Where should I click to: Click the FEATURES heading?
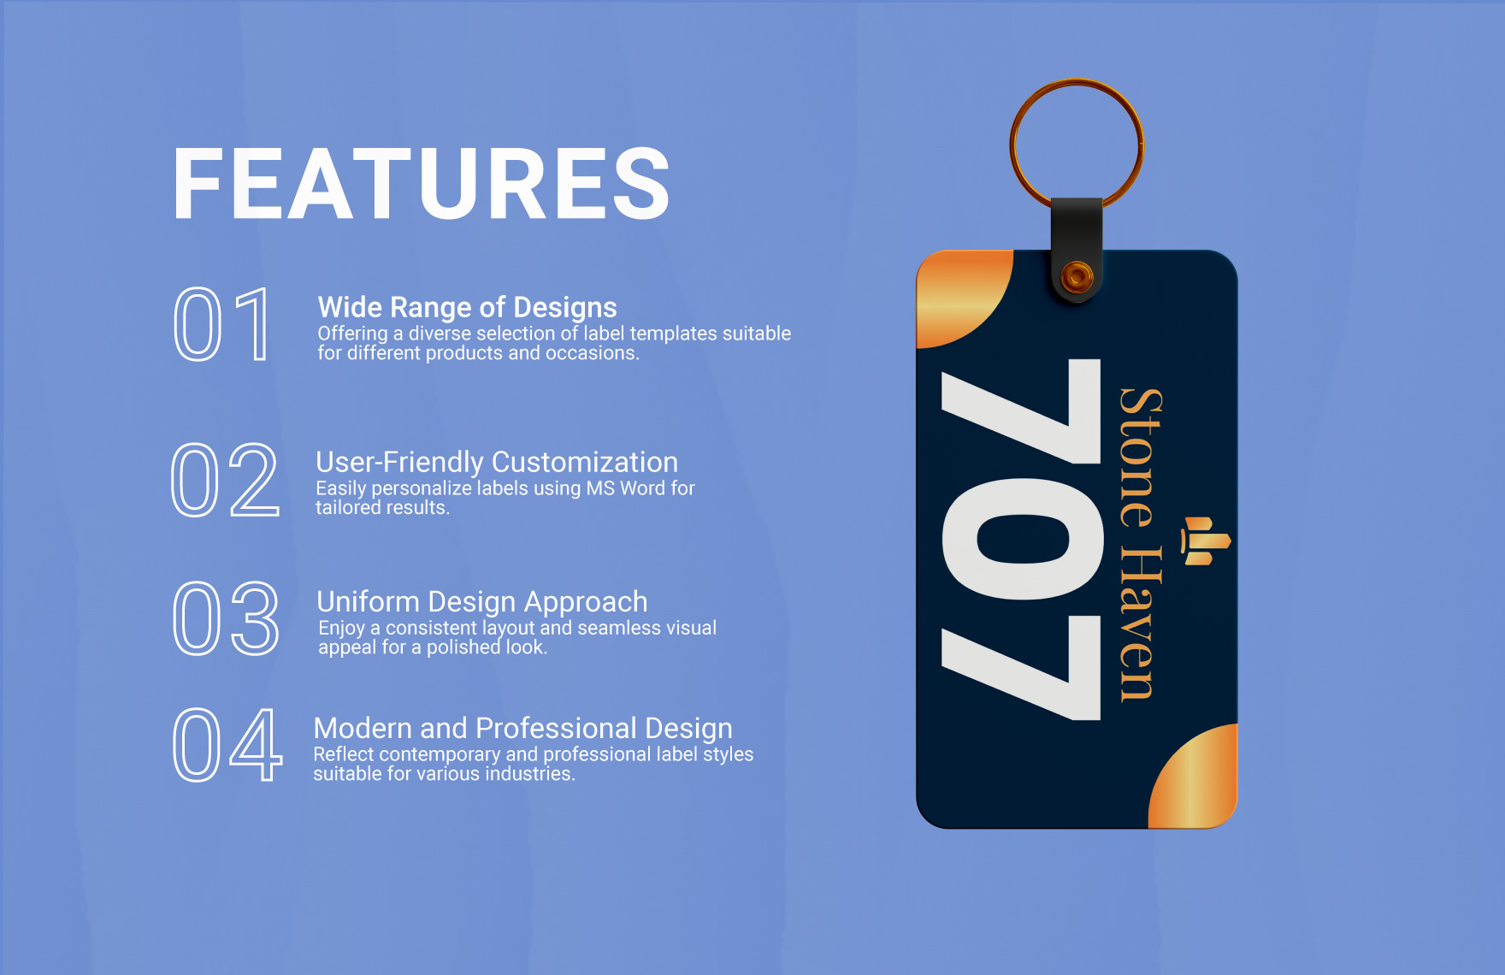point(421,184)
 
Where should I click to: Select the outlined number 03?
point(226,618)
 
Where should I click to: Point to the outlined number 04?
point(227,745)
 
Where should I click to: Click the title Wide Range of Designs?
point(467,307)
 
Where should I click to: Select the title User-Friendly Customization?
point(496,462)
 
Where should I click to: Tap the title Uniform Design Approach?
point(481,601)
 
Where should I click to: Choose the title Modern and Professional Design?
point(522,728)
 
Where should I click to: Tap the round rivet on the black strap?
point(1077,276)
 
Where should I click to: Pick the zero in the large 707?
point(1022,540)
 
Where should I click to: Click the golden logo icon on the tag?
point(1205,541)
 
